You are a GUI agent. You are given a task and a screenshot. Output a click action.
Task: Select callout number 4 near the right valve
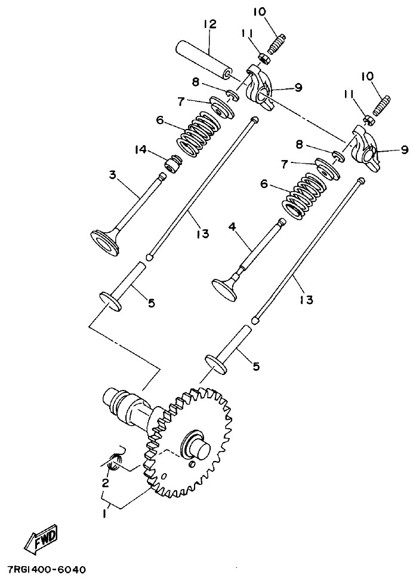232,227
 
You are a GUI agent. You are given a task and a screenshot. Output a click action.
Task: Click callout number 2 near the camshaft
105,482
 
